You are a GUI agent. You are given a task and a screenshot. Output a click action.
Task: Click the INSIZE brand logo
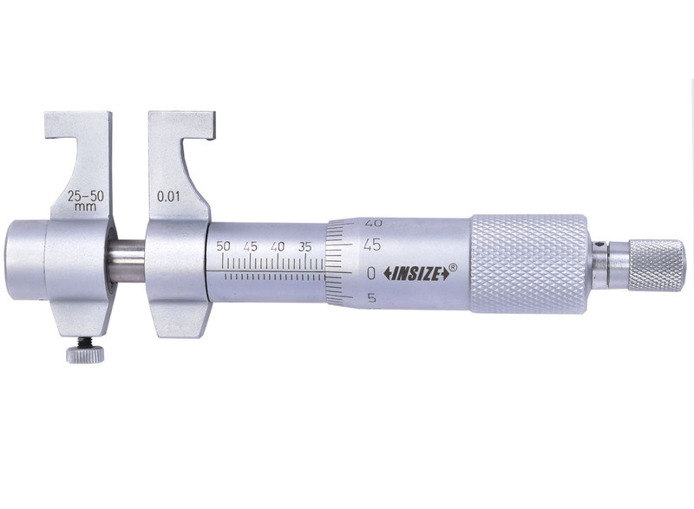click(x=416, y=275)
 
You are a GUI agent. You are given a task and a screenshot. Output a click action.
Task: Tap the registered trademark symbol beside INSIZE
click(x=453, y=267)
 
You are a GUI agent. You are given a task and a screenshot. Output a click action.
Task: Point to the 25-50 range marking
click(x=86, y=196)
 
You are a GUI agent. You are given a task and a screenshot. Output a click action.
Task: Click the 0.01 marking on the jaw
click(x=168, y=196)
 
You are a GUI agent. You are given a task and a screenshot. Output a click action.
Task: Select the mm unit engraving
click(x=85, y=206)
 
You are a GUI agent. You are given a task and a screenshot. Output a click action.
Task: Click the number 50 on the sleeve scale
click(x=223, y=246)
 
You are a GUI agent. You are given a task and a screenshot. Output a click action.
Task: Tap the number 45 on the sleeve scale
click(x=250, y=246)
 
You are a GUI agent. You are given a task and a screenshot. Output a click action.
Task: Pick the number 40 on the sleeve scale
click(x=278, y=246)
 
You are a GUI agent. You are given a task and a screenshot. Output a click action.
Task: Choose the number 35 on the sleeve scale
click(x=305, y=246)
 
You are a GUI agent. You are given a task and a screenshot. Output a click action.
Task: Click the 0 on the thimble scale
click(x=371, y=274)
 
